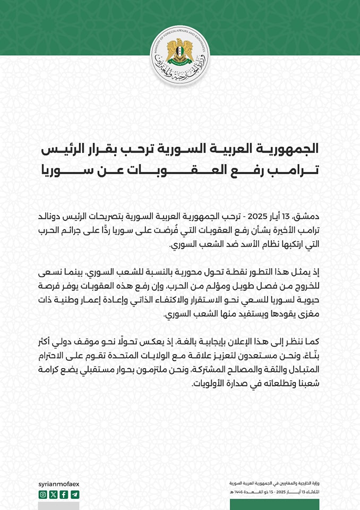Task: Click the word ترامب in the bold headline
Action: pyautogui.click(x=295, y=171)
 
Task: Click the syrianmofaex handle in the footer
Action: pyautogui.click(x=59, y=484)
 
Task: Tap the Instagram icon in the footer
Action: pyautogui.click(x=43, y=495)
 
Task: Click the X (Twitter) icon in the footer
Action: pyautogui.click(x=53, y=495)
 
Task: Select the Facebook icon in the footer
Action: pyautogui.click(x=64, y=495)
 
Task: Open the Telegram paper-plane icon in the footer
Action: pyautogui.click(x=74, y=495)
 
